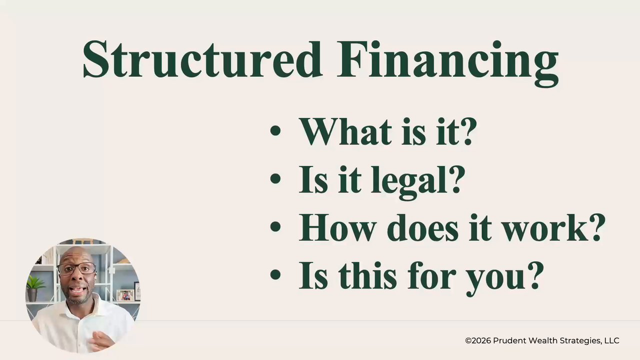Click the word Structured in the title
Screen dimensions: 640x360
coord(202,59)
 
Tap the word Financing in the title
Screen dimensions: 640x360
coord(447,63)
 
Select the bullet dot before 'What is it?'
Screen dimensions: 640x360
coord(275,130)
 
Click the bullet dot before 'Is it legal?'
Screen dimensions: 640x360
coord(275,178)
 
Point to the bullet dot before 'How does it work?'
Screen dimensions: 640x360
coord(275,226)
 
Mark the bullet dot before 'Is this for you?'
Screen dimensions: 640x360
coord(275,274)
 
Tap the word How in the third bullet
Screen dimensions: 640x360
coord(336,227)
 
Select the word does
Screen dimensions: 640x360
coord(423,227)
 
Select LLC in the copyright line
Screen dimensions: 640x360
coord(611,340)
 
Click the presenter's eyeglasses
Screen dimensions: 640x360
coord(76,268)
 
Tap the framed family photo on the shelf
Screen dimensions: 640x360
coord(125,295)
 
